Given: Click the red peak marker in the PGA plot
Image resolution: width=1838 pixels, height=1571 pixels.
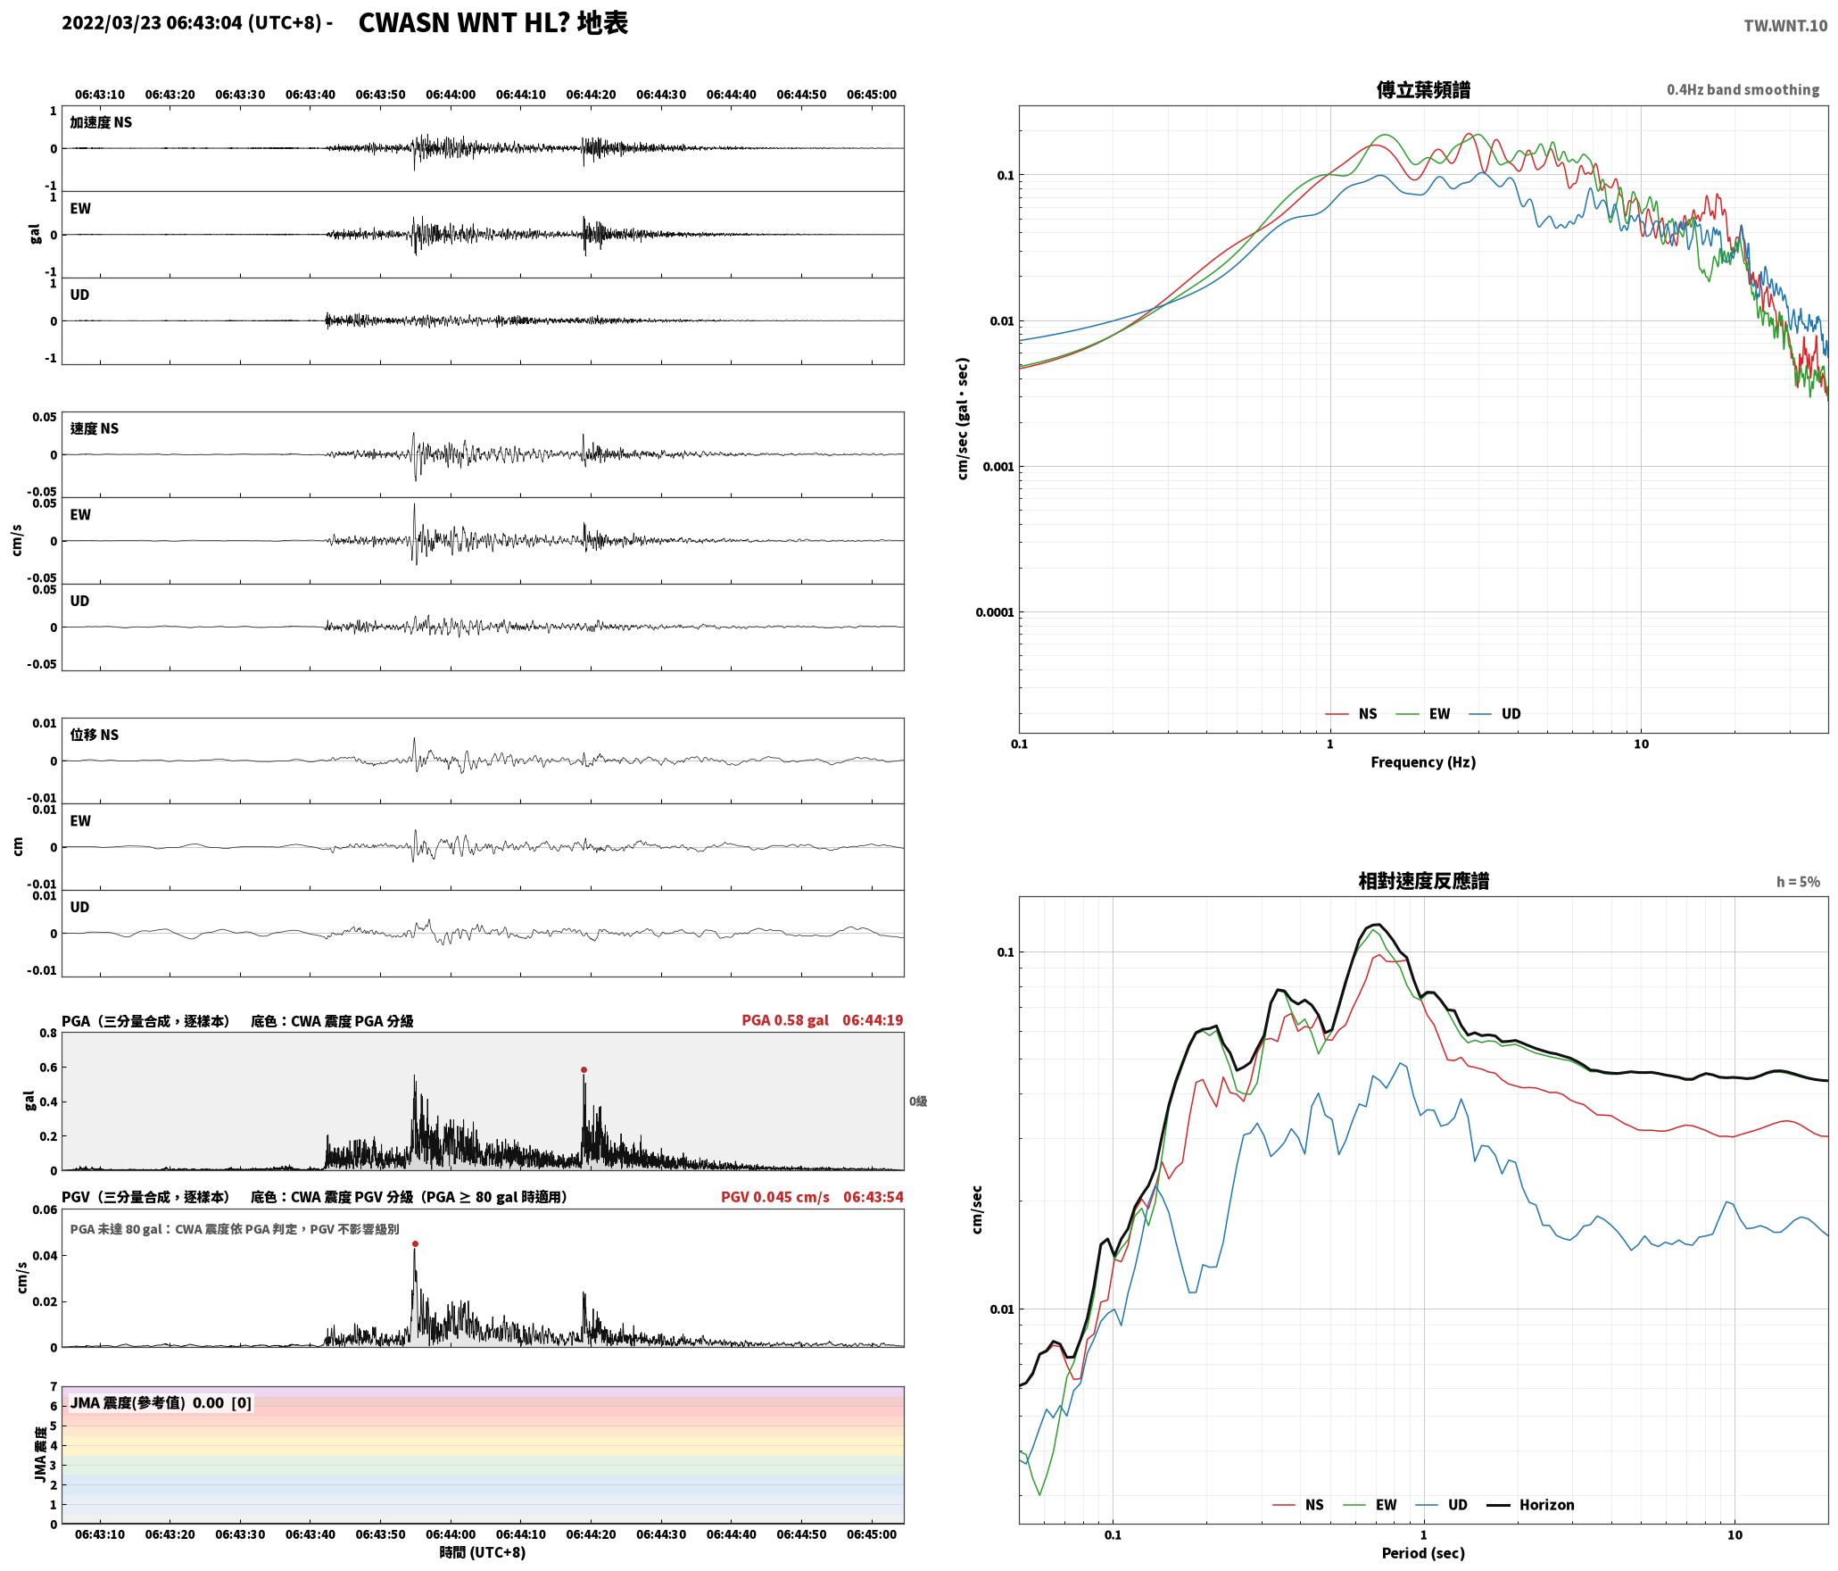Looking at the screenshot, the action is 584,1069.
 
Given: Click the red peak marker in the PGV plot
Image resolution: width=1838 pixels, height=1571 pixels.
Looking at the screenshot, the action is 415,1243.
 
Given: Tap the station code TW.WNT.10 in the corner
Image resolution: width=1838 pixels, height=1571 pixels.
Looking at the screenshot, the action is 1785,26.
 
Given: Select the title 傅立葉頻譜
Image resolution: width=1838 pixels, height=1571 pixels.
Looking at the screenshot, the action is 1423,89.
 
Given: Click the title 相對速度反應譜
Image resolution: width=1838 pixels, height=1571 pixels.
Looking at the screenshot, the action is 1423,881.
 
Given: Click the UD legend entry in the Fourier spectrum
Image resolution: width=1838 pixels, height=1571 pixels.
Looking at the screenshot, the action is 1495,713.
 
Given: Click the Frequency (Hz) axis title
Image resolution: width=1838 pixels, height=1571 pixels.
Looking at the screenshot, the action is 1423,762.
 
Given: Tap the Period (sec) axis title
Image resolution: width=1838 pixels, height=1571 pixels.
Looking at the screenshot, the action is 1423,1553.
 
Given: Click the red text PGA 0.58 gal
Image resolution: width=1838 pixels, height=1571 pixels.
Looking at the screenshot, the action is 785,1020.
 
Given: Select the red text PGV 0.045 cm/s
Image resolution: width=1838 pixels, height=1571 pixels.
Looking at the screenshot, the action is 775,1197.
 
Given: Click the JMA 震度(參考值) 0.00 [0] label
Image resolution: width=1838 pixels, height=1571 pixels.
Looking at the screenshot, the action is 161,1403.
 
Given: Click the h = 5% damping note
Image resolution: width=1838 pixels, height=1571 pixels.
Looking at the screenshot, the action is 1798,882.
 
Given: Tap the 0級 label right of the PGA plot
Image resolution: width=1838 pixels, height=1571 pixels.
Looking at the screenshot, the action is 918,1101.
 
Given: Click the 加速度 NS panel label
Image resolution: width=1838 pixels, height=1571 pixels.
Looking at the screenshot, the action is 101,122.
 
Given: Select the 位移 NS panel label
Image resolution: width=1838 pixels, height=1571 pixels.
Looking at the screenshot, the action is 95,735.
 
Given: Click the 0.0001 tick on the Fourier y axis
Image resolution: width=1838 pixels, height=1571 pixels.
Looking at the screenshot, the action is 995,612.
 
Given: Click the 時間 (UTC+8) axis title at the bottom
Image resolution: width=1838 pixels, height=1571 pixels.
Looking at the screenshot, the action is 483,1553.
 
